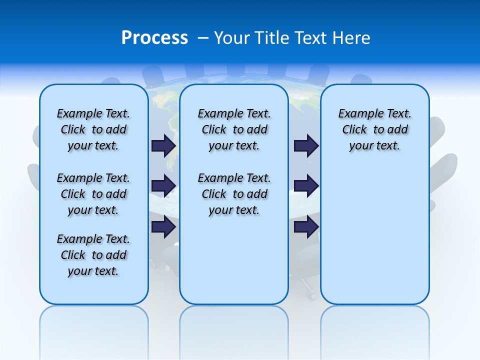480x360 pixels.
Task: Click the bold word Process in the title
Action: click(x=154, y=38)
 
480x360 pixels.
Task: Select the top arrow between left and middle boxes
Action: click(x=163, y=145)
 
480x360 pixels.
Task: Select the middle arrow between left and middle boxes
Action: click(x=163, y=186)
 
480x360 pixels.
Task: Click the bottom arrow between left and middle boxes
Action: click(x=163, y=226)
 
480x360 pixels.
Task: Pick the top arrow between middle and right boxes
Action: click(x=306, y=145)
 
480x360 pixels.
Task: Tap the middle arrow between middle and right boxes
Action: click(x=306, y=186)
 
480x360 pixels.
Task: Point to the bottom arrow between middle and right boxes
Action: click(x=306, y=226)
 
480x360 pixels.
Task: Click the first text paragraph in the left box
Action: click(x=93, y=129)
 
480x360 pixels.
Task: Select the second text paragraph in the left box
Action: click(x=93, y=194)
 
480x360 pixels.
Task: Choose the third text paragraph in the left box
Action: click(x=93, y=255)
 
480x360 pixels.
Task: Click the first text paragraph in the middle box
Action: click(x=234, y=129)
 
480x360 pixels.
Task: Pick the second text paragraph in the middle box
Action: click(x=234, y=194)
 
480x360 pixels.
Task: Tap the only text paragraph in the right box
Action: click(x=375, y=129)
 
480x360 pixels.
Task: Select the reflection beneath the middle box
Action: click(x=234, y=330)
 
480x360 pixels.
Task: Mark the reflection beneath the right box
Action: click(x=375, y=330)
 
